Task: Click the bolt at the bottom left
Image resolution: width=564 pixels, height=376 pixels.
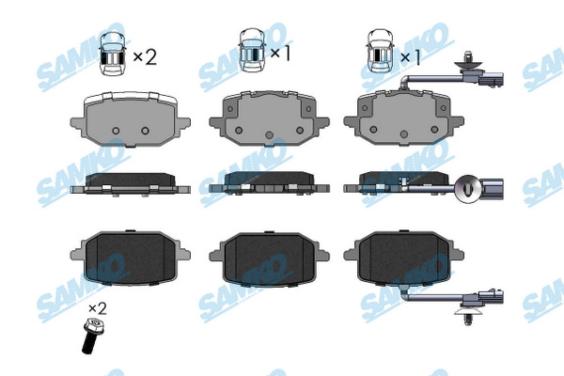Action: point(91,336)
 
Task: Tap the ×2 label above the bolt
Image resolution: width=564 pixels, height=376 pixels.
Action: point(98,308)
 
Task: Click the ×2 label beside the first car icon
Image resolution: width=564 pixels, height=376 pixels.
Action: point(145,56)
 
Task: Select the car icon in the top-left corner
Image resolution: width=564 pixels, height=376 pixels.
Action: point(112,54)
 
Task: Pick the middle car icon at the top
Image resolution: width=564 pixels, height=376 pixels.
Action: point(252,51)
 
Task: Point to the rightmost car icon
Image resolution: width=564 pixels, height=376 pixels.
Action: point(380,51)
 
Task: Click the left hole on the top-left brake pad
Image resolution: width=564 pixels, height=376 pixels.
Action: point(116,131)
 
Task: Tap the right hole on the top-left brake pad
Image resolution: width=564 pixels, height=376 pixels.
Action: point(145,131)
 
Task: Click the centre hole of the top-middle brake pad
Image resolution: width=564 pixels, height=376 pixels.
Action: point(269,135)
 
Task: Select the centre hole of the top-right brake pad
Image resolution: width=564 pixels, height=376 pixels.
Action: point(404,134)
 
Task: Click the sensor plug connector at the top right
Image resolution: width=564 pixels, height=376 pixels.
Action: point(491,80)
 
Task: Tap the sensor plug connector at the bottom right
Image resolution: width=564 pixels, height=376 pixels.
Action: point(491,297)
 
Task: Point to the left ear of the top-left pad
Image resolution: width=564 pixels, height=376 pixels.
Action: point(77,123)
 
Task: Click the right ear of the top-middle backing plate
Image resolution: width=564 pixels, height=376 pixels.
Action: point(322,122)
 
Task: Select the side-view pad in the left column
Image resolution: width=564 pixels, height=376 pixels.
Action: point(131,185)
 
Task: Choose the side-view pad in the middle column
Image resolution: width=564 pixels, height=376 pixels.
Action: point(269,183)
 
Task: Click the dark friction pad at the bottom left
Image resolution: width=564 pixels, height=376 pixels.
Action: point(131,258)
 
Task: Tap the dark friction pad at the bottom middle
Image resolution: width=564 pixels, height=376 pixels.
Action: point(269,258)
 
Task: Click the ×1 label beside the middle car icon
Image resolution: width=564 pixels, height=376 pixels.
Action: point(280,54)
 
